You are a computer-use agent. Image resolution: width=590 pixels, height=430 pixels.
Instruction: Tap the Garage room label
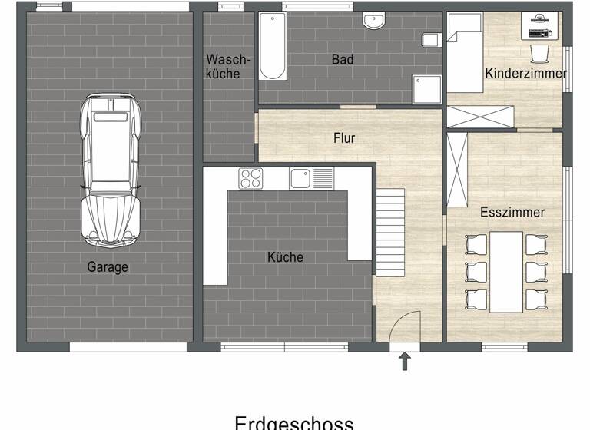(108, 267)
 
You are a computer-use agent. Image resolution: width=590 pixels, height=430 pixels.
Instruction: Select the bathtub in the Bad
(272, 47)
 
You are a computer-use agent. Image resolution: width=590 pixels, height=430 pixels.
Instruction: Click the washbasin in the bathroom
(374, 23)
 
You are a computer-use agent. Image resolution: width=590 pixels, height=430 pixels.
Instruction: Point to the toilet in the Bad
(430, 40)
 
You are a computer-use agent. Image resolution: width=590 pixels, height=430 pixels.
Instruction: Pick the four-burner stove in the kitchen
(250, 178)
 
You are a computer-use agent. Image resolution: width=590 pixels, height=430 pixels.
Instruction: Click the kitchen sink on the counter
(311, 178)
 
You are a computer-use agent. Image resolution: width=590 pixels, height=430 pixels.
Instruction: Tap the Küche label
(285, 257)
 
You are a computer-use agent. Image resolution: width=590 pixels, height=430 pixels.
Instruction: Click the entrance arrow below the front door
(404, 362)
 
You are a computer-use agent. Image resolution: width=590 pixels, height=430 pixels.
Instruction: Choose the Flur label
(344, 139)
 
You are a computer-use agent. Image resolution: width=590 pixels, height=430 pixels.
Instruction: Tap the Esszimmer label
(512, 212)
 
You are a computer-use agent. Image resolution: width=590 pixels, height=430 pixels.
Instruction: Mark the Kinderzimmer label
(526, 74)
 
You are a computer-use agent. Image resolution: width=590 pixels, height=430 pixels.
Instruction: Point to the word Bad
(343, 59)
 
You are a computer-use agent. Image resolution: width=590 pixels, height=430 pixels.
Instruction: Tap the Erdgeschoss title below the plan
(294, 422)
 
